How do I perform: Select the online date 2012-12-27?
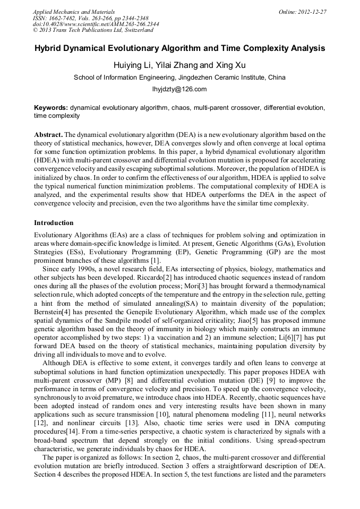[312, 11]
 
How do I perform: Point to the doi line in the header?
[96, 24]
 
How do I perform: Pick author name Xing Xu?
[229, 65]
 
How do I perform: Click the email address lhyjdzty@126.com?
[179, 89]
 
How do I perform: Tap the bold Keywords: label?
[51, 107]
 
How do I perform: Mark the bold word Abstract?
[49, 134]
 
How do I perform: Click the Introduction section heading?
[54, 222]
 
